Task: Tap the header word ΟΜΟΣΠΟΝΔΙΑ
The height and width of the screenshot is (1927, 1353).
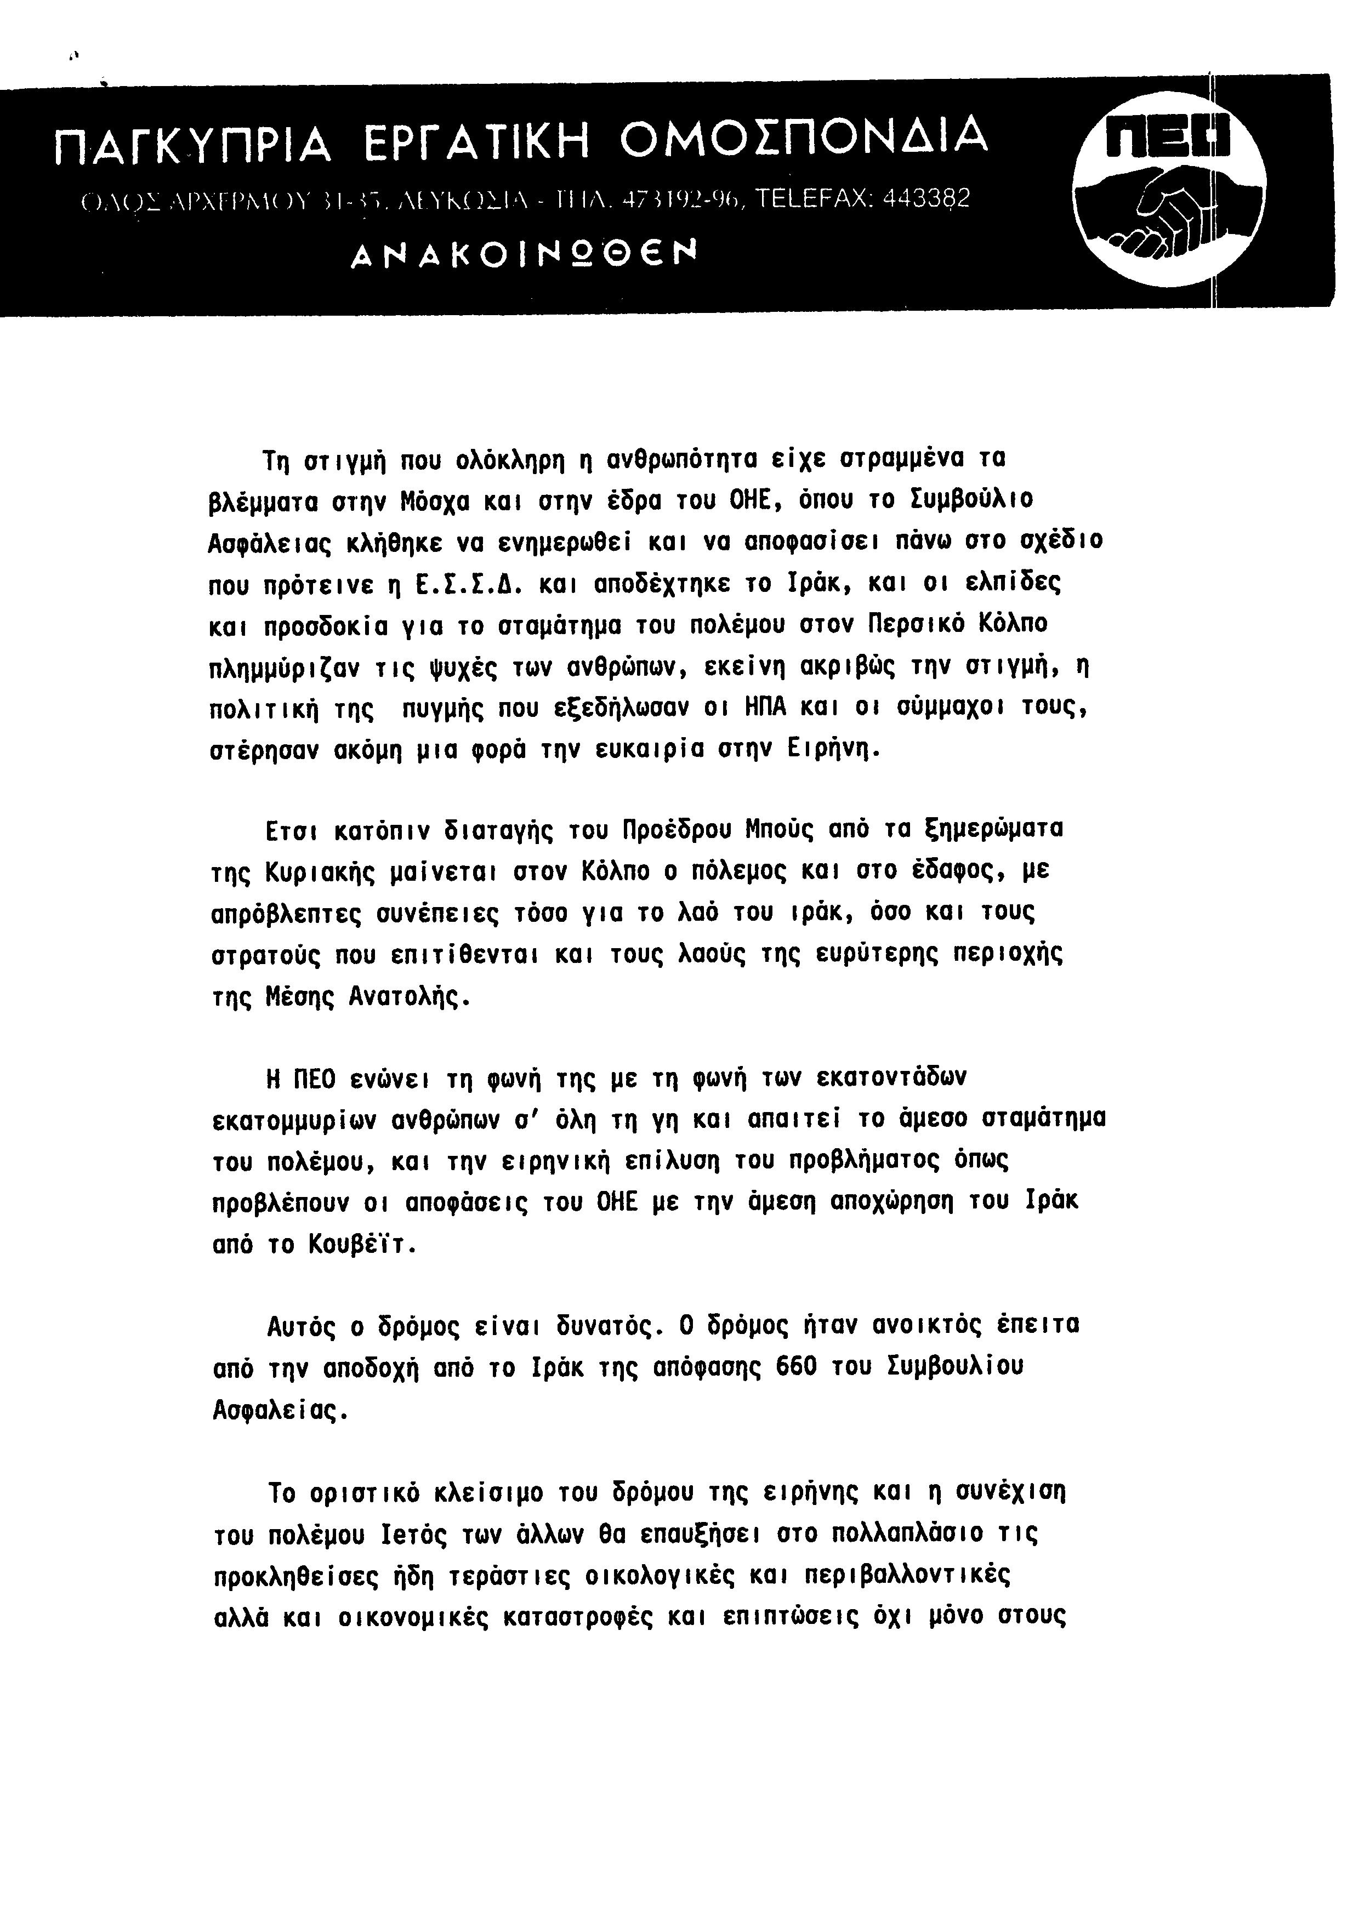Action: coord(803,139)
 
